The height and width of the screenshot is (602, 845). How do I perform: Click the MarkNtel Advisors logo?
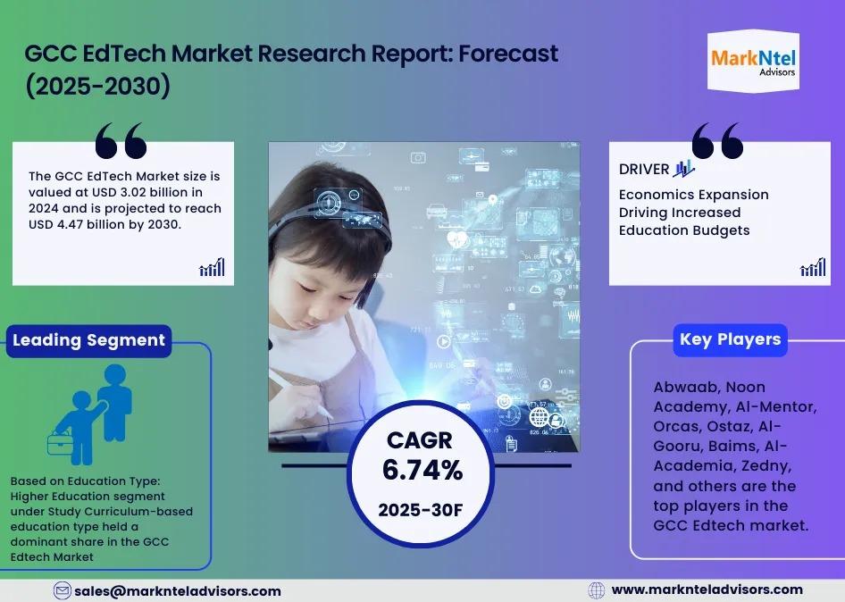tap(753, 62)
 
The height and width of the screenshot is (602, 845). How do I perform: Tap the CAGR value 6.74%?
tap(422, 470)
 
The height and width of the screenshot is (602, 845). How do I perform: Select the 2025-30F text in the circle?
tap(421, 510)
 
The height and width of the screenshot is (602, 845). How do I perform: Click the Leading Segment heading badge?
tap(89, 340)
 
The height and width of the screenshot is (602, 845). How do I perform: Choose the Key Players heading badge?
tap(730, 339)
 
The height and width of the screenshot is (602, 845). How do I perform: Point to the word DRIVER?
tap(644, 169)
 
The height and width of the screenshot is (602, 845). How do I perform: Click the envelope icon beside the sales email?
tap(62, 590)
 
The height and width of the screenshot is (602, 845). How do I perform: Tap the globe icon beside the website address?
tap(597, 590)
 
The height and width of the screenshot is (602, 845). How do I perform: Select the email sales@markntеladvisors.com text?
tap(178, 591)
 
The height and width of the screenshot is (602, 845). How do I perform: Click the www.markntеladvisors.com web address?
tap(707, 589)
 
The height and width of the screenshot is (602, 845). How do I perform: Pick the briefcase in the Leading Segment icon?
tap(60, 444)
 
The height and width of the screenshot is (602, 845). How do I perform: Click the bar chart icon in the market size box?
tap(212, 267)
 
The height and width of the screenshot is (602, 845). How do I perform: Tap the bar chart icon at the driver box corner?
tap(813, 267)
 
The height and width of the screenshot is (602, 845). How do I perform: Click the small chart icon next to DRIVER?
tap(684, 169)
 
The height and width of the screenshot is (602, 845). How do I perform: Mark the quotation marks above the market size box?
tap(121, 140)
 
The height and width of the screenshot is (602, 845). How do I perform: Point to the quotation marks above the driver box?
tap(717, 140)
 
